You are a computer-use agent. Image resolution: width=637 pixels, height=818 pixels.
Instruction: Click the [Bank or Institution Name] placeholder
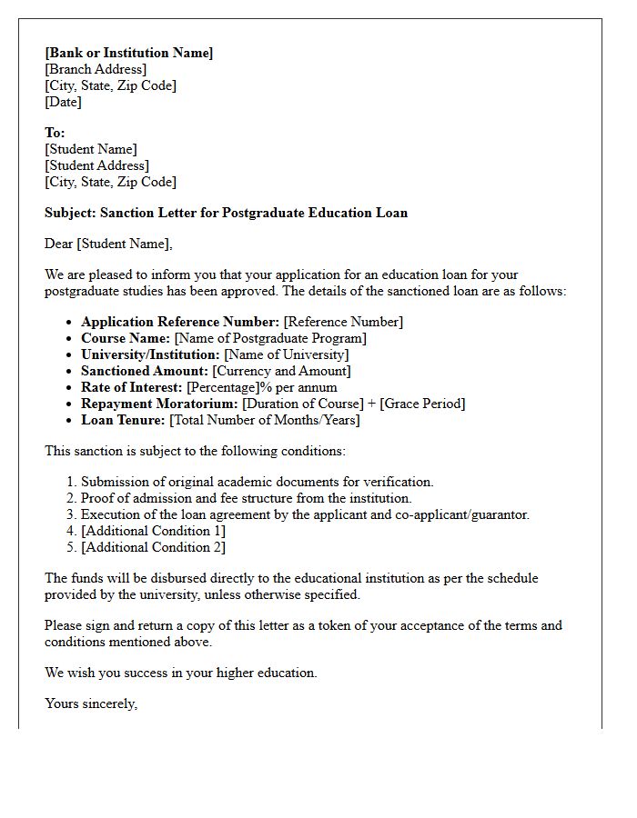pyautogui.click(x=128, y=53)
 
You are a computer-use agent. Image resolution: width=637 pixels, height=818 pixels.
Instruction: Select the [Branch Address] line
pyautogui.click(x=96, y=69)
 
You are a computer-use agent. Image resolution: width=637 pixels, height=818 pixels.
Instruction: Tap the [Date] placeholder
pyautogui.click(x=63, y=102)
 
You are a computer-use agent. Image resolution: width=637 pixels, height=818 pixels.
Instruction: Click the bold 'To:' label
pyautogui.click(x=55, y=133)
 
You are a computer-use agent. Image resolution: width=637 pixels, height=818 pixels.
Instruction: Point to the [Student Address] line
pyautogui.click(x=97, y=165)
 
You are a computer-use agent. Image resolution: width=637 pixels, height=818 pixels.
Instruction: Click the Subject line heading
pyautogui.click(x=226, y=213)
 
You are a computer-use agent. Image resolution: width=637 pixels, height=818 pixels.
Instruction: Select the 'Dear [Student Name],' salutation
pyautogui.click(x=108, y=244)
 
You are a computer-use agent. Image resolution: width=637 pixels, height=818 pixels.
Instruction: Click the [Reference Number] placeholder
pyautogui.click(x=343, y=322)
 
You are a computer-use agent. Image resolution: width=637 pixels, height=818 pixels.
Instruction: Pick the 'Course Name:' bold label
pyautogui.click(x=126, y=338)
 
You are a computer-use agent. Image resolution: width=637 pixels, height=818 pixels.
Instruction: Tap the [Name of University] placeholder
pyautogui.click(x=287, y=354)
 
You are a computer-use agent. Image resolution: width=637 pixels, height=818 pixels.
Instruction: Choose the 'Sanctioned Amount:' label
pyautogui.click(x=145, y=371)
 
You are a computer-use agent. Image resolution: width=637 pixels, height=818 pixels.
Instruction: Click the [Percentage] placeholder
pyautogui.click(x=223, y=387)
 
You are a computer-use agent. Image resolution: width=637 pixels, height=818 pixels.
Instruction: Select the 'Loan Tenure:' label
pyautogui.click(x=123, y=420)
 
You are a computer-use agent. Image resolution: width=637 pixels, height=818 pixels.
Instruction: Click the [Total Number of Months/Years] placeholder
pyautogui.click(x=264, y=420)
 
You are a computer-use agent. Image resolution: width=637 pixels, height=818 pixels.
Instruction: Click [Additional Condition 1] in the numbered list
pyautogui.click(x=153, y=531)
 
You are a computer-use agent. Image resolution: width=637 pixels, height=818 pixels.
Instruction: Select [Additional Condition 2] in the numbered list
pyautogui.click(x=153, y=547)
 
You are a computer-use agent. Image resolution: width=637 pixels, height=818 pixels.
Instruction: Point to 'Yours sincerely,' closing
pyautogui.click(x=91, y=703)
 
